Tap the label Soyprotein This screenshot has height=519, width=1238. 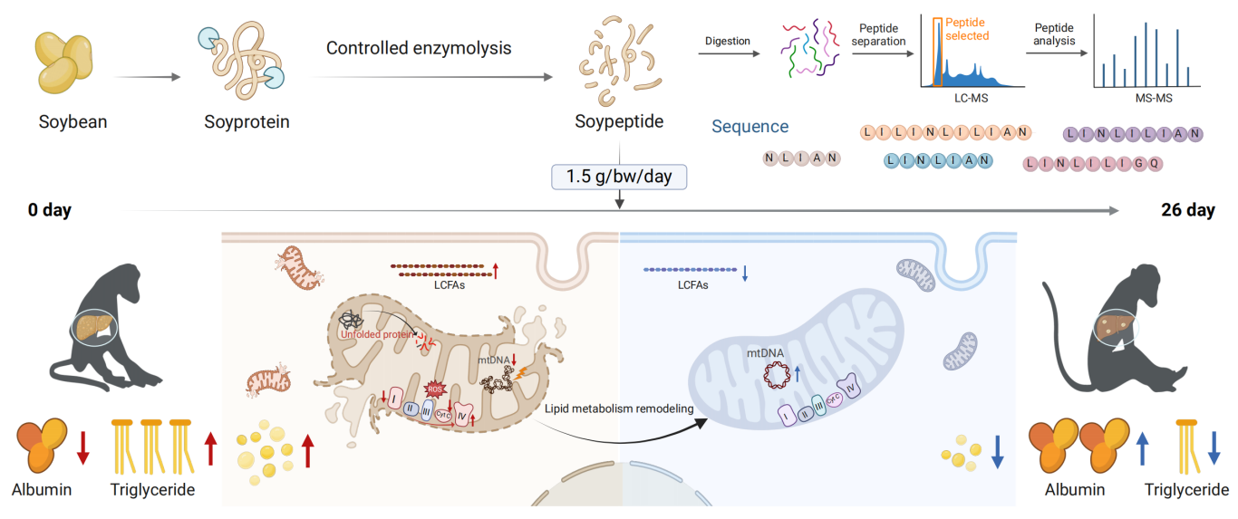click(x=247, y=120)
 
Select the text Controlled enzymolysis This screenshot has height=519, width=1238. click(x=419, y=48)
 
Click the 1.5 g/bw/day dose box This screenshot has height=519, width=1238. click(x=619, y=177)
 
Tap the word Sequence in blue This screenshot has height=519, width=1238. click(x=750, y=128)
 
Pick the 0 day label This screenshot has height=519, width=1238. click(x=50, y=211)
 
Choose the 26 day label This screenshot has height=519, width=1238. click(x=1187, y=211)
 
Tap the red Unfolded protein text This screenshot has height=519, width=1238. click(x=376, y=334)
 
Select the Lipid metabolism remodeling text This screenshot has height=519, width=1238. click(x=619, y=409)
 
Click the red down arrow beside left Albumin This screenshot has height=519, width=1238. click(x=82, y=447)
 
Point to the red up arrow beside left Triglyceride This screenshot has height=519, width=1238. click(x=211, y=448)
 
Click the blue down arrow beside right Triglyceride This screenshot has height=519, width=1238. click(x=1214, y=447)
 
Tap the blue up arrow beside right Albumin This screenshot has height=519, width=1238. click(x=1142, y=447)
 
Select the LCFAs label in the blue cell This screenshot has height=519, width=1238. click(x=693, y=284)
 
